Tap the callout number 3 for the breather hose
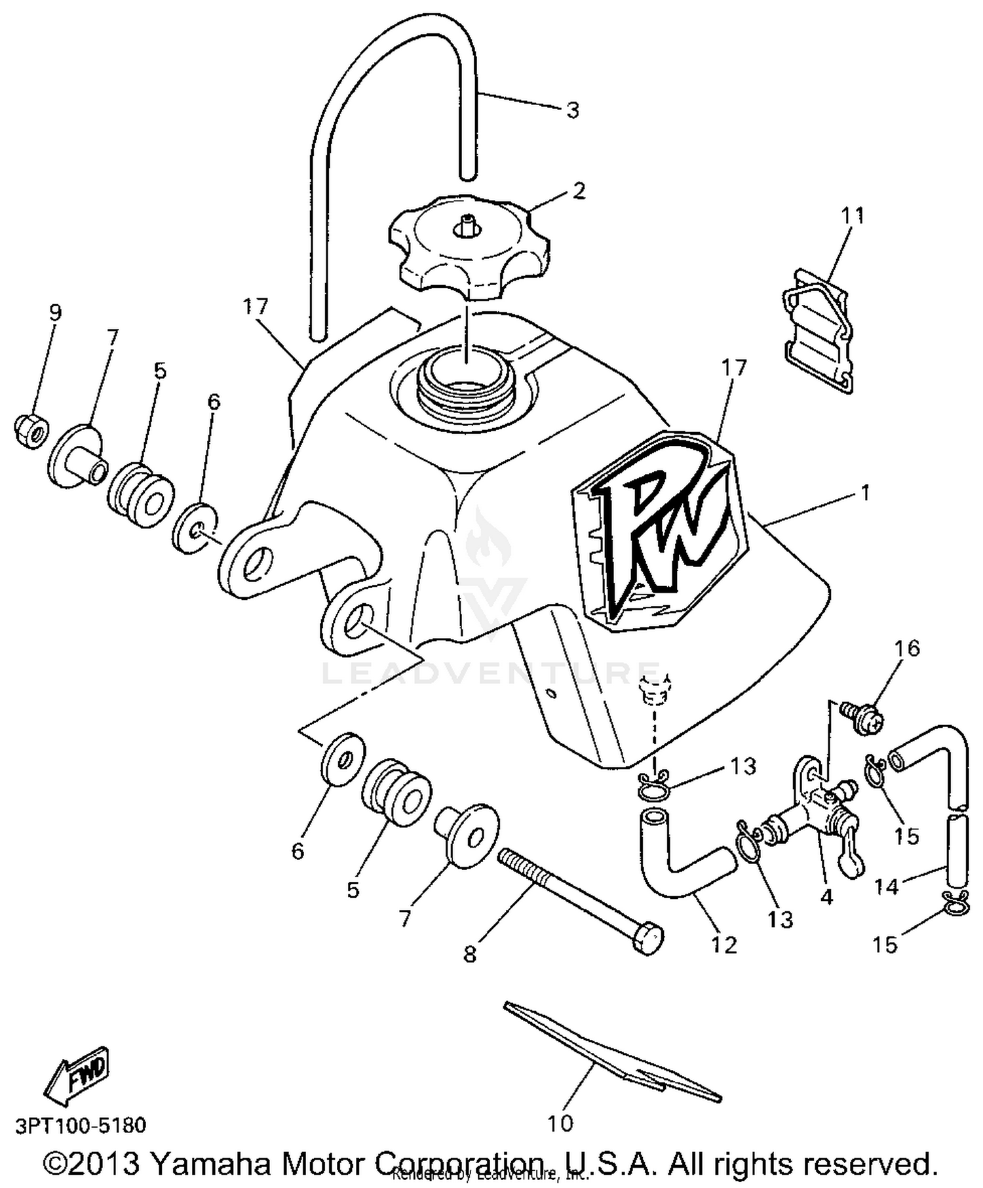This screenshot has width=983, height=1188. (573, 110)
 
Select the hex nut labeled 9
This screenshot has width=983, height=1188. (29, 429)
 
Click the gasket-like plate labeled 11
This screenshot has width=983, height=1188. (819, 331)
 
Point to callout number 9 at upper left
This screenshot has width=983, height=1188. (55, 312)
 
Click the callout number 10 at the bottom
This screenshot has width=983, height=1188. (560, 1124)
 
